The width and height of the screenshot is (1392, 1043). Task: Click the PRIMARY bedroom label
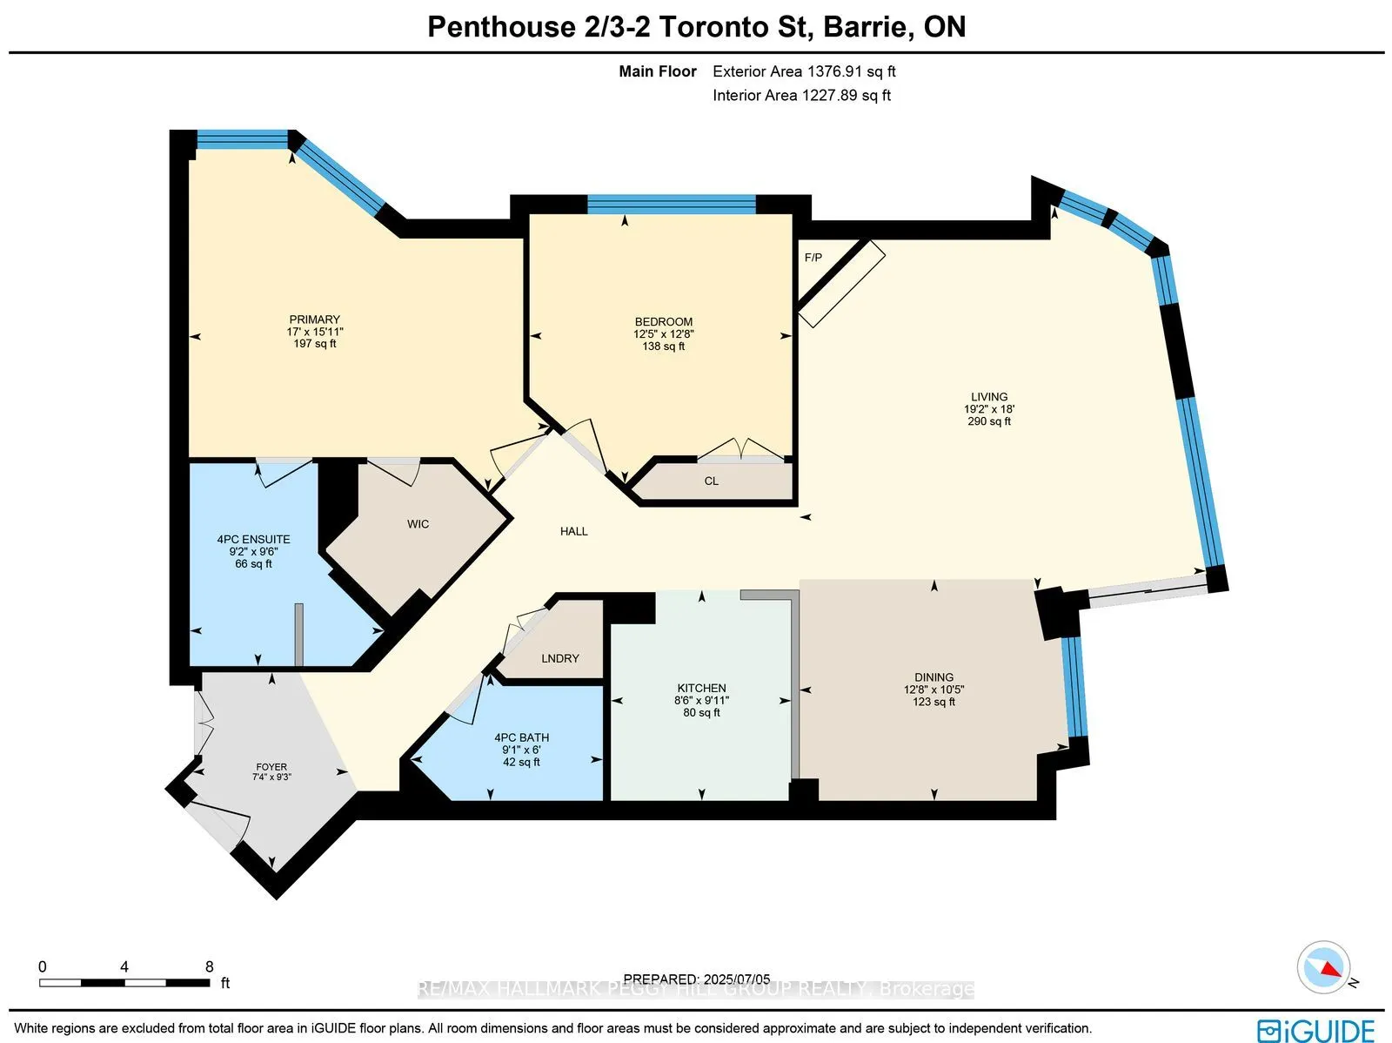pyautogui.click(x=314, y=320)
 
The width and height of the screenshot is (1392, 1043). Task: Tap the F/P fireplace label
pyautogui.click(x=813, y=258)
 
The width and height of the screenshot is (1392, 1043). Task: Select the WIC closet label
pyautogui.click(x=418, y=524)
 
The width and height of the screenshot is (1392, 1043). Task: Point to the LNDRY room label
pyautogui.click(x=559, y=658)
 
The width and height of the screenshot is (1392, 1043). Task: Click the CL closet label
pyautogui.click(x=711, y=481)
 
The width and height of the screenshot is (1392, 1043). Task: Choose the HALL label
pyautogui.click(x=573, y=531)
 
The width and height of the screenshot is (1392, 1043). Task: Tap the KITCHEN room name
pyautogui.click(x=701, y=688)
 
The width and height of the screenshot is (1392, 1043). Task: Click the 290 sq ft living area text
pyautogui.click(x=989, y=421)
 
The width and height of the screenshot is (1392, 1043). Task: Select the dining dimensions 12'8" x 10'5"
pyautogui.click(x=934, y=690)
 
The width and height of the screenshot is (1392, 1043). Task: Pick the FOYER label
pyautogui.click(x=271, y=767)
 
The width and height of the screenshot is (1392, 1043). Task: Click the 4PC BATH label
pyautogui.click(x=521, y=737)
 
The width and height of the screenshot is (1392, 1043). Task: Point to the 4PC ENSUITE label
pyautogui.click(x=253, y=540)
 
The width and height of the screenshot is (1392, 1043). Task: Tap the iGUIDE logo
pyautogui.click(x=1315, y=1029)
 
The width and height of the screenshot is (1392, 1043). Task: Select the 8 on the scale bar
pyautogui.click(x=209, y=966)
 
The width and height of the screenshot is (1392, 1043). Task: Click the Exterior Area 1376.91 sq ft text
pyautogui.click(x=804, y=71)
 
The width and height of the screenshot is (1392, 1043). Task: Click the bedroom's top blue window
pyautogui.click(x=671, y=205)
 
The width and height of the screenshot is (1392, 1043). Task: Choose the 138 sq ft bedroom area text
pyautogui.click(x=663, y=347)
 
